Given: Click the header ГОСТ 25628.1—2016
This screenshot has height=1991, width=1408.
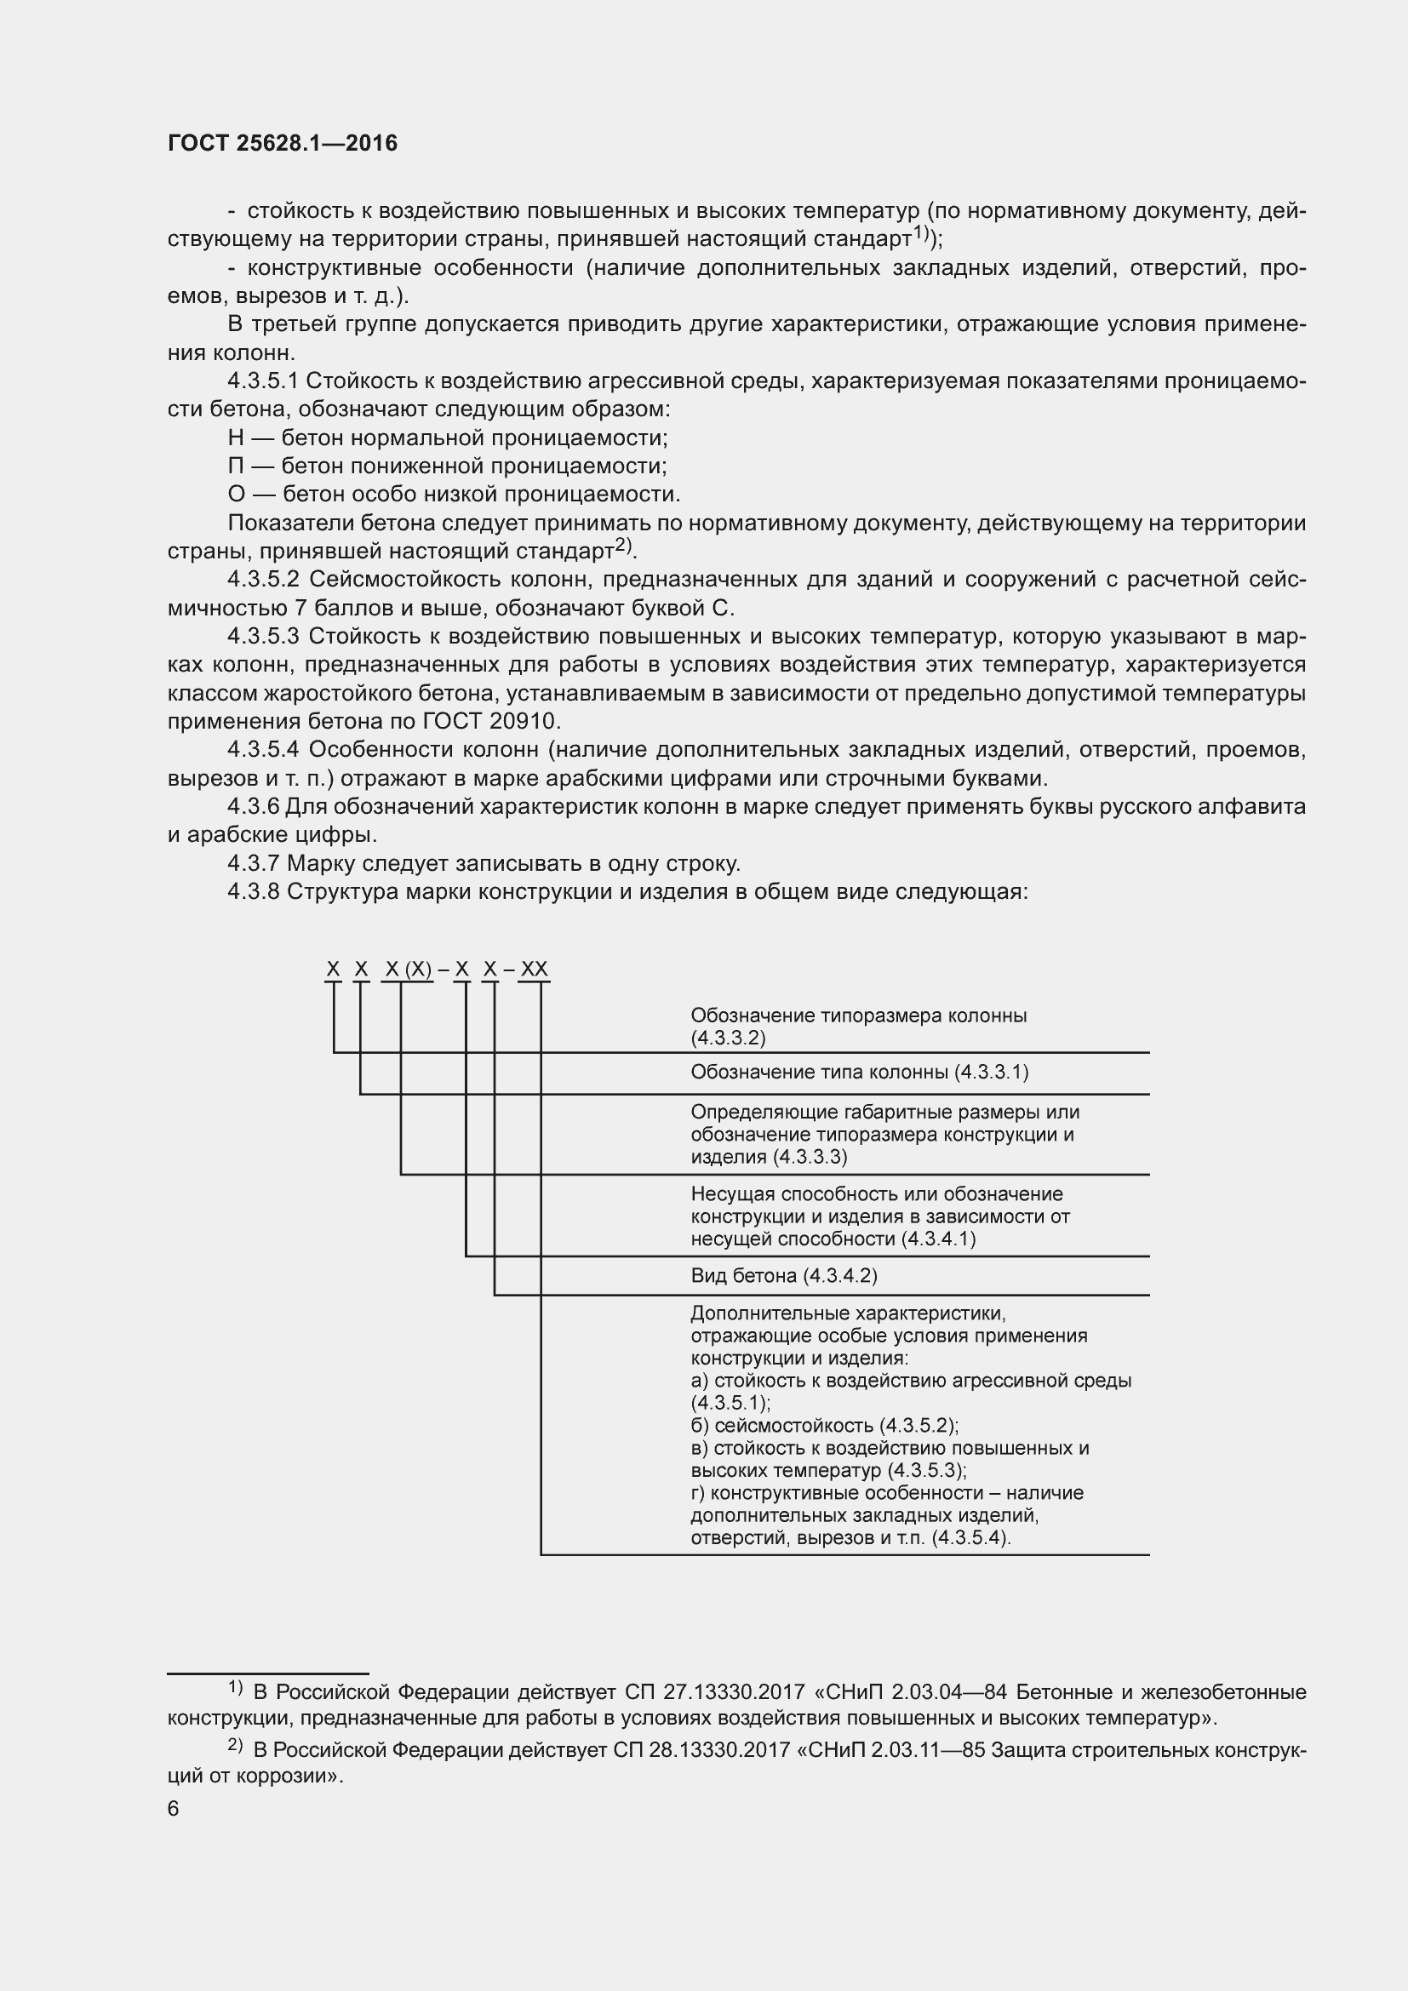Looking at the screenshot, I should click(283, 144).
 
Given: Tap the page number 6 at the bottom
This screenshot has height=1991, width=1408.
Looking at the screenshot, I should click(174, 1809).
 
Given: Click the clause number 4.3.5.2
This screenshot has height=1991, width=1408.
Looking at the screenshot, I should click(264, 580).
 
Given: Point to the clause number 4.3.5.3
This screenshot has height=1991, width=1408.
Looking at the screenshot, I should click(264, 637).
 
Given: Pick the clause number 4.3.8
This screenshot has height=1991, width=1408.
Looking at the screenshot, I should click(253, 891).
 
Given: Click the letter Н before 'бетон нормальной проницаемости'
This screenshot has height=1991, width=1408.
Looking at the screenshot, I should click(236, 438).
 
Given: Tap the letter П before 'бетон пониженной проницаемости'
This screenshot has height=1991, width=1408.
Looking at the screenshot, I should click(236, 466).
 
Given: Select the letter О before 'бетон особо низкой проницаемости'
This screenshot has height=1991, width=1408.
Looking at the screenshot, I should click(237, 495).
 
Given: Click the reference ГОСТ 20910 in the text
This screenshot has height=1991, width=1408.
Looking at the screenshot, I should click(491, 722).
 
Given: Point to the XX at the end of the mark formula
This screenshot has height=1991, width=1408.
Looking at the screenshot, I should click(534, 969).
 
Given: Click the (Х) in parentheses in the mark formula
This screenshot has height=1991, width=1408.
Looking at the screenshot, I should click(419, 969).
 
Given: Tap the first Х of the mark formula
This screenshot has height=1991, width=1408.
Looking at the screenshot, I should click(333, 969).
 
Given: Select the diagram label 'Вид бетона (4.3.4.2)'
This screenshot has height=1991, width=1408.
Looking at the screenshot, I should click(784, 1276).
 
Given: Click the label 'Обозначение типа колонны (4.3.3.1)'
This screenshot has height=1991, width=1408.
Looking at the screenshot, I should click(859, 1073).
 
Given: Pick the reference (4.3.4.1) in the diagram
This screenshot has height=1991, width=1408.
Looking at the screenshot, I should click(938, 1239).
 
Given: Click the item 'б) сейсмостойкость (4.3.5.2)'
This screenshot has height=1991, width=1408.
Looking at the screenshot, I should click(825, 1426).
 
